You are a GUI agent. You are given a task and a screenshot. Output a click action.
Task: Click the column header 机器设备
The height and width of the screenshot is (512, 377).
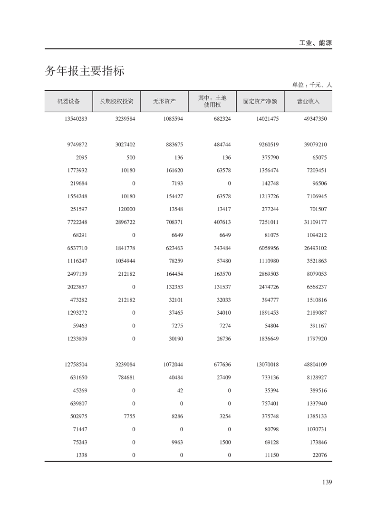click(x=68, y=101)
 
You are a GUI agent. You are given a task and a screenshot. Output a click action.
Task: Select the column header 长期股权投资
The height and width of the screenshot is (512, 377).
click(x=116, y=101)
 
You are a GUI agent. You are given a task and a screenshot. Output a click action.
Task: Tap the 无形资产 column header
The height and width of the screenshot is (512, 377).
click(x=164, y=101)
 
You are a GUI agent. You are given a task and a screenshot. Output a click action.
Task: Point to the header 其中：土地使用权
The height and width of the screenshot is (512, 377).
click(x=212, y=101)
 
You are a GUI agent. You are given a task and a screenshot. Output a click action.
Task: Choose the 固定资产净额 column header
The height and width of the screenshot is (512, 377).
click(x=260, y=101)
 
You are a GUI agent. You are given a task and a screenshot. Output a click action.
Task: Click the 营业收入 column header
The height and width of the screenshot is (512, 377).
click(x=308, y=101)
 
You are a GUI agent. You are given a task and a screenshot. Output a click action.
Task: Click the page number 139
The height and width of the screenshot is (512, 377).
click(x=327, y=482)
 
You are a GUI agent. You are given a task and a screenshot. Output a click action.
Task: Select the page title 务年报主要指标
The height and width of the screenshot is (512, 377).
click(x=85, y=71)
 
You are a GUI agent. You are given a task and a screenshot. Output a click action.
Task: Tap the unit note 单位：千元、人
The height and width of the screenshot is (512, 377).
click(x=312, y=85)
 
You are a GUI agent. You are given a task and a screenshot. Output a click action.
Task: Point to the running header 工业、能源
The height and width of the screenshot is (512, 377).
click(x=315, y=43)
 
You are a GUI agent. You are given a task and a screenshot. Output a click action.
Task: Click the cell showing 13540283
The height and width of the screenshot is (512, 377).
click(x=76, y=119)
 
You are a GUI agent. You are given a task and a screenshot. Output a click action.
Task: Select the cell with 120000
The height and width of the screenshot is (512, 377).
click(x=126, y=209)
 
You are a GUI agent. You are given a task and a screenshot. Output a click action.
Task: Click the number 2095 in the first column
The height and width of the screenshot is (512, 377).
click(x=81, y=157)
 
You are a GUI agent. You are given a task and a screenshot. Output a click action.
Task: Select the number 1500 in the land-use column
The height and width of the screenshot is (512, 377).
click(x=225, y=442)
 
